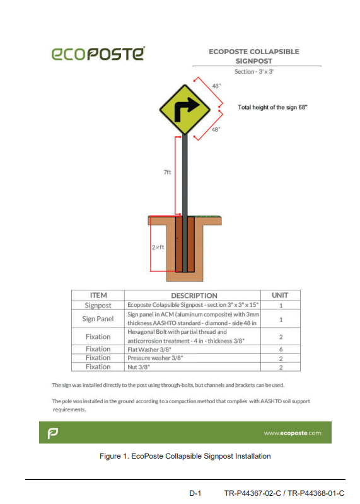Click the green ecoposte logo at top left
coord(98,54)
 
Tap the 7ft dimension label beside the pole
coord(167,172)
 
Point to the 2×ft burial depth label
coord(158,247)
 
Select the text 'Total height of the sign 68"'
coord(272,107)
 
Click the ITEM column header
coord(98,295)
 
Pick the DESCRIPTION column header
coord(194,295)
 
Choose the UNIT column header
coord(280,295)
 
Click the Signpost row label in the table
coord(98,305)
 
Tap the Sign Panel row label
coord(98,319)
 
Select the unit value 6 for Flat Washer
coord(281,349)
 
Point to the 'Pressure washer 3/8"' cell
coord(155,358)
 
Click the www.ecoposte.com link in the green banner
coord(293,433)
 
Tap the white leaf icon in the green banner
coord(53,433)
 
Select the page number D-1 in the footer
coord(195,493)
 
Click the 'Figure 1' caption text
coord(185,455)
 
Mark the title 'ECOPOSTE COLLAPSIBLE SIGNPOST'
coord(254,56)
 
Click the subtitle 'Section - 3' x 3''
coord(254,71)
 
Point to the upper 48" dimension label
coord(216,86)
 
